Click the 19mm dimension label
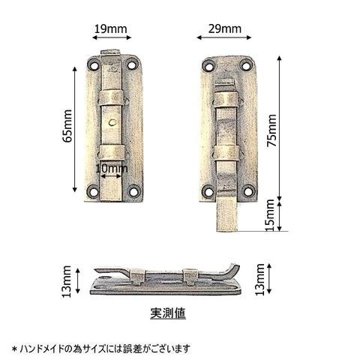pyautogui.click(x=110, y=29)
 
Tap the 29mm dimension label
pyautogui.click(x=225, y=29)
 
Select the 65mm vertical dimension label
pyautogui.click(x=67, y=126)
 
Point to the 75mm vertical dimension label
pyautogui.click(x=271, y=130)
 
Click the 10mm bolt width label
pyautogui.click(x=112, y=169)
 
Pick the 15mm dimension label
pyautogui.click(x=270, y=215)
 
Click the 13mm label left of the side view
pyautogui.click(x=67, y=281)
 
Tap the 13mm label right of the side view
pyautogui.click(x=260, y=280)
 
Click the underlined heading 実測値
pyautogui.click(x=168, y=313)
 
